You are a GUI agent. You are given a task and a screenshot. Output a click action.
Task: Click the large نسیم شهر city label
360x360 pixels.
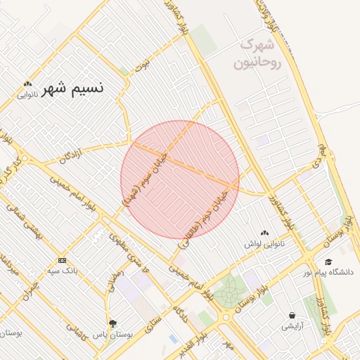72,89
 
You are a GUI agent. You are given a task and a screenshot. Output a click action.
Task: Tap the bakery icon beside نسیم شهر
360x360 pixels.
27,84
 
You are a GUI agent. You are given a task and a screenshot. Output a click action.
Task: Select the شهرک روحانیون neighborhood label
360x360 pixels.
256,53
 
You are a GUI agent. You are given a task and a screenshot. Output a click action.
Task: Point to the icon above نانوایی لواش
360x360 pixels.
264,233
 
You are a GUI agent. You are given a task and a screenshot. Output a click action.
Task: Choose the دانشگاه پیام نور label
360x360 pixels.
328,271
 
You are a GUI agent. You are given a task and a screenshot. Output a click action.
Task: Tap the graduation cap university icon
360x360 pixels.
328,262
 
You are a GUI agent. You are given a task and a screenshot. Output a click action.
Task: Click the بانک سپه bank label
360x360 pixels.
62,270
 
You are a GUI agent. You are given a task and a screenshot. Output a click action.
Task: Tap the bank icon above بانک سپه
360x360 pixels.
62,260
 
